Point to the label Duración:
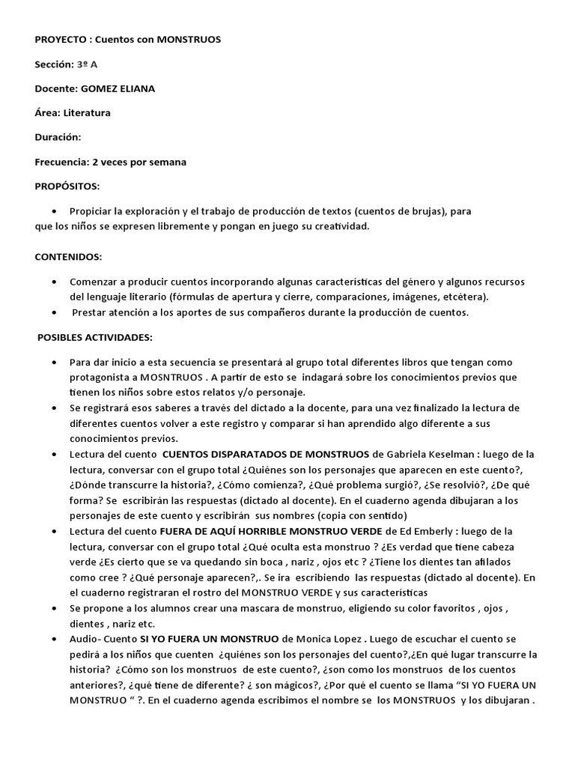(x=58, y=137)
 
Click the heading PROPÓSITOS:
(x=67, y=186)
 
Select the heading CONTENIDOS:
(x=68, y=257)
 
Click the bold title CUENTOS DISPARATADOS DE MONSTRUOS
(x=266, y=455)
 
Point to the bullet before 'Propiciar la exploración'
(x=55, y=211)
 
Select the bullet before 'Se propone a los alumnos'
(x=55, y=608)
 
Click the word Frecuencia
(x=61, y=162)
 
